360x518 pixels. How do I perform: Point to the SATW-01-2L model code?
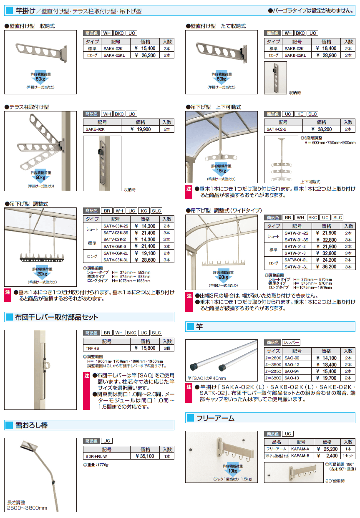pyautogui.click(x=296, y=260)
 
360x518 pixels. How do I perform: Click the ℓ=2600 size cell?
pyautogui.click(x=273, y=358)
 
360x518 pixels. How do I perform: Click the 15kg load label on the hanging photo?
pyautogui.click(x=221, y=170)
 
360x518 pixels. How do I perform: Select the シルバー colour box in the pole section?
pyautogui.click(x=291, y=342)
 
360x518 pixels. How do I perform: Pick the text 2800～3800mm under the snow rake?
pyautogui.click(x=27, y=508)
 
